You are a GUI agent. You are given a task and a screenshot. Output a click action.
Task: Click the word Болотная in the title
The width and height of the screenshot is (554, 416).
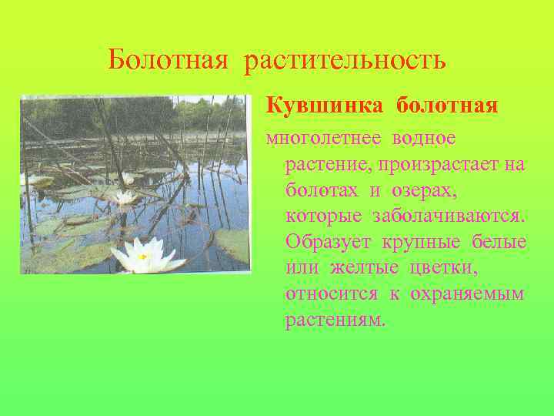click(x=167, y=59)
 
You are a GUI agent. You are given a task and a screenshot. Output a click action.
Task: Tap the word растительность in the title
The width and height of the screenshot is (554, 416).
click(x=345, y=59)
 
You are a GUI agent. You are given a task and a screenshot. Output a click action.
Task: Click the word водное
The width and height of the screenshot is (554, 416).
click(x=423, y=139)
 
